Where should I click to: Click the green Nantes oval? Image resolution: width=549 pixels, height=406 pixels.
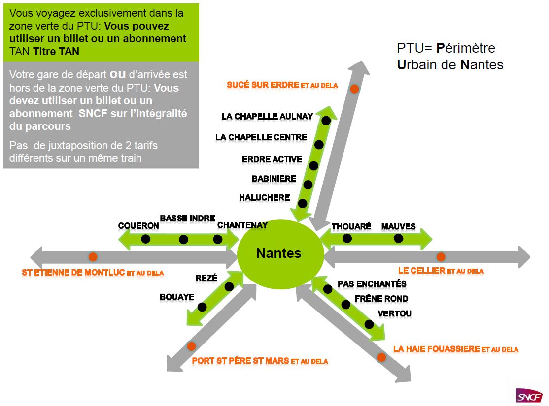coord(279,254)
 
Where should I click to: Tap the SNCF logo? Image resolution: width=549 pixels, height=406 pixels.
coord(529,396)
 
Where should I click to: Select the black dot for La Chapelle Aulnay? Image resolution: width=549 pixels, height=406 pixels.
coord(326,120)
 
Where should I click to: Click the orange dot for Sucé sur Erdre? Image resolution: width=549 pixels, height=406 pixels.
coord(354,89)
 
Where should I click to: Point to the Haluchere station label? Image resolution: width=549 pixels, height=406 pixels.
coord(264,198)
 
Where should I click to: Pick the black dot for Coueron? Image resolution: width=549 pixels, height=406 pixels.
coord(145,239)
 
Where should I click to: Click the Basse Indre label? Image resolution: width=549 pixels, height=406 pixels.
coord(187,219)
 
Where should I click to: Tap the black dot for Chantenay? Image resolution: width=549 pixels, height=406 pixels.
coord(217,239)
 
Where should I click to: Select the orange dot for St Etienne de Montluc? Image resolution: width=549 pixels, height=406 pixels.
coord(93,256)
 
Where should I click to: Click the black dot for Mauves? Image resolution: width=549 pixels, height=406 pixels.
coord(398,239)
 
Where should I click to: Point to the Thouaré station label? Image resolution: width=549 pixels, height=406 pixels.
coord(351,227)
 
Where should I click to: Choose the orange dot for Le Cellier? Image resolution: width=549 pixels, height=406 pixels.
coord(441,257)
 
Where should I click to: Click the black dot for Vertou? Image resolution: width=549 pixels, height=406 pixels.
coord(369,324)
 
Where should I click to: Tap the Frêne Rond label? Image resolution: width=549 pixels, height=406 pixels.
coord(381,299)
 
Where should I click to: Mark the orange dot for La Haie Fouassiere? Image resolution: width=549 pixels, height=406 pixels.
coord(381,357)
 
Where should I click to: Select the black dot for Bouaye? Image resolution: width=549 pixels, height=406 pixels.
coord(202,307)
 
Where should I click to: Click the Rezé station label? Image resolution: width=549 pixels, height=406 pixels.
coord(206,278)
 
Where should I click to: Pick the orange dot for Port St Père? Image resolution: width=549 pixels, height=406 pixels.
coord(191,346)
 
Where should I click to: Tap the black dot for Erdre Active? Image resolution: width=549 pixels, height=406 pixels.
coord(313,165)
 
